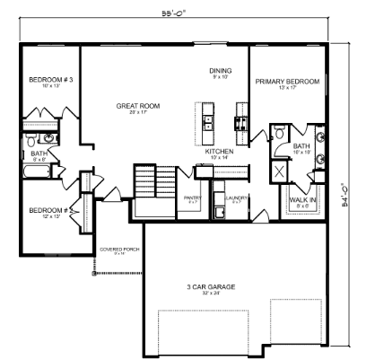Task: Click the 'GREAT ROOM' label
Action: coord(137,106)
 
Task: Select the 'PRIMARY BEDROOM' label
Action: coord(287,82)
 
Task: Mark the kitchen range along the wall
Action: coord(240,118)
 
